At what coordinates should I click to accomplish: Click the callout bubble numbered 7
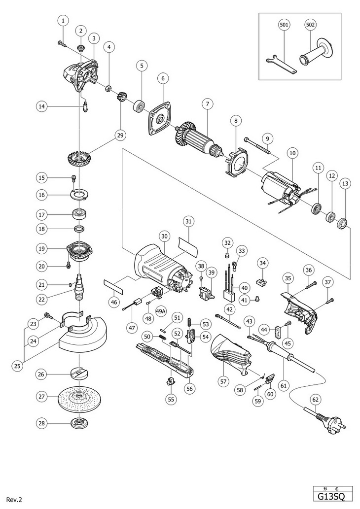point(208,104)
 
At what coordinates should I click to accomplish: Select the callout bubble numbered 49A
point(160,311)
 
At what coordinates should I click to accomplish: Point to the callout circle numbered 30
point(165,236)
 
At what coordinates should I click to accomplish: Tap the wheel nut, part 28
point(78,423)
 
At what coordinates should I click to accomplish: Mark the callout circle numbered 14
point(42,105)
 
